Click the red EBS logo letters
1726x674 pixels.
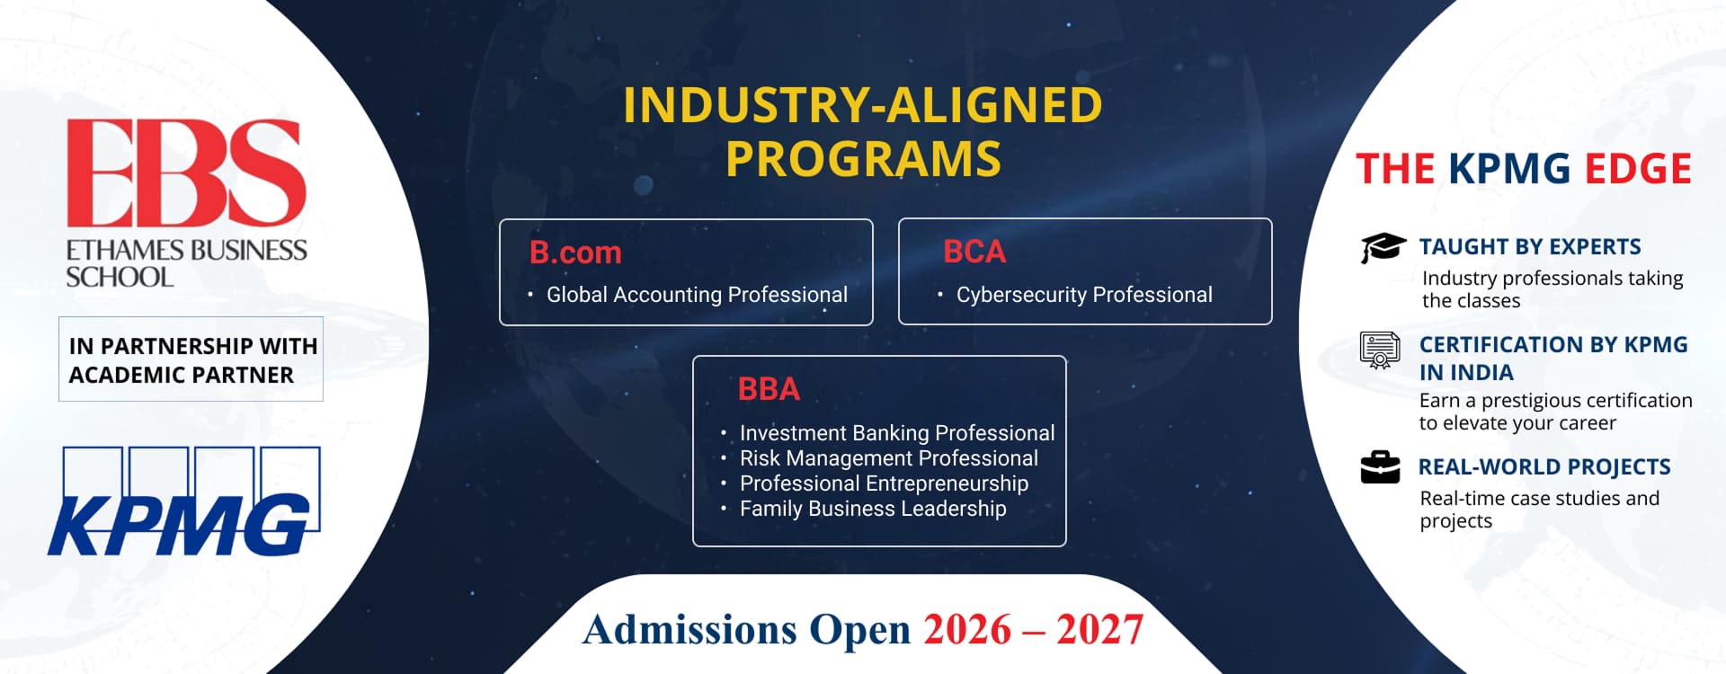(186, 172)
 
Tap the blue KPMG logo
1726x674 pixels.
(184, 501)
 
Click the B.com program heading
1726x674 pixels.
(575, 253)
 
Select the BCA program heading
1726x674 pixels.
(974, 252)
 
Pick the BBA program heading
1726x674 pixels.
(769, 389)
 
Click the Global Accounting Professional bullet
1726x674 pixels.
(697, 295)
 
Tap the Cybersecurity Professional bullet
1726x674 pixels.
(1084, 295)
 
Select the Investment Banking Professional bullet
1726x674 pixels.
(897, 433)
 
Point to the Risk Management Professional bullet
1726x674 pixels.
(888, 458)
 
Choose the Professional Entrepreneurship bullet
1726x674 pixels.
(884, 483)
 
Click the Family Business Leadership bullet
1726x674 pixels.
(873, 509)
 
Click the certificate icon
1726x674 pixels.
(1380, 350)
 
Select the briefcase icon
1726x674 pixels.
(1380, 467)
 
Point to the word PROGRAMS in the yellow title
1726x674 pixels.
(863, 159)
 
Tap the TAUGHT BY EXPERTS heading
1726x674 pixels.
(1530, 247)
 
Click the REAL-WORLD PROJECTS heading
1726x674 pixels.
(1544, 467)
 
